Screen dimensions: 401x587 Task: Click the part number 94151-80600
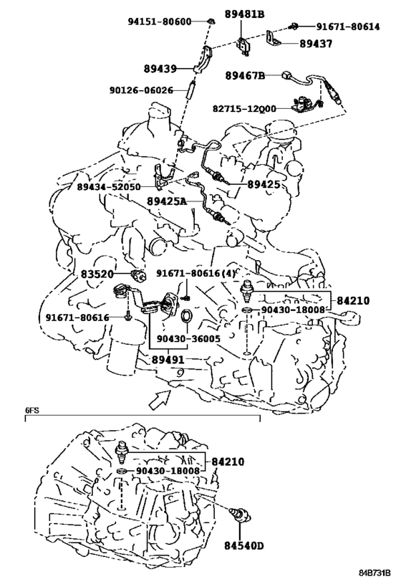(160, 22)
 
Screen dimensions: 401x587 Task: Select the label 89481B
(244, 14)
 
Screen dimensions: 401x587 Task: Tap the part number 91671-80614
(348, 27)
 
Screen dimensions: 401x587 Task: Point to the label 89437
(316, 44)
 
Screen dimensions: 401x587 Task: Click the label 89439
(160, 69)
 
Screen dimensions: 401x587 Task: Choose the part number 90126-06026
(141, 90)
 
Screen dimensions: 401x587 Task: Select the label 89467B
(245, 76)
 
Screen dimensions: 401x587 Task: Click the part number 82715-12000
(244, 108)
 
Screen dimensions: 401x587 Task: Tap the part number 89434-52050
(108, 187)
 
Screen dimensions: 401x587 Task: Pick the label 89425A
(166, 202)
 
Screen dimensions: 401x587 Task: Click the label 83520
(97, 275)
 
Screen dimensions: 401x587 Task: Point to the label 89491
(168, 360)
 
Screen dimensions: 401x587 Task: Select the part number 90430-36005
(188, 339)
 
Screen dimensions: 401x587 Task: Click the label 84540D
(244, 546)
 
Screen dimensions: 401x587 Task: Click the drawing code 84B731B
(375, 573)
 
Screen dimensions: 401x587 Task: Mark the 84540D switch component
(241, 514)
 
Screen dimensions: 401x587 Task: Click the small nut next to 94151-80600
(211, 21)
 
